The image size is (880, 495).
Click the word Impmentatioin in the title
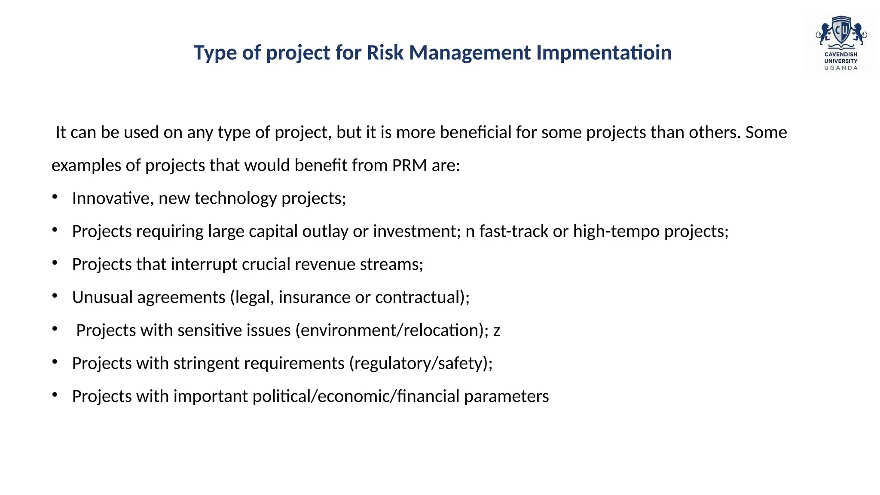(x=604, y=53)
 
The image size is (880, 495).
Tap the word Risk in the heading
(x=385, y=53)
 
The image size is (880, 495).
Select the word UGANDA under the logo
(x=841, y=68)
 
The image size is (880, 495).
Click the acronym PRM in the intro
(x=409, y=165)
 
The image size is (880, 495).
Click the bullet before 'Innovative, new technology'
(x=55, y=197)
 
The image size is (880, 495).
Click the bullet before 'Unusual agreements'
(x=55, y=296)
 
